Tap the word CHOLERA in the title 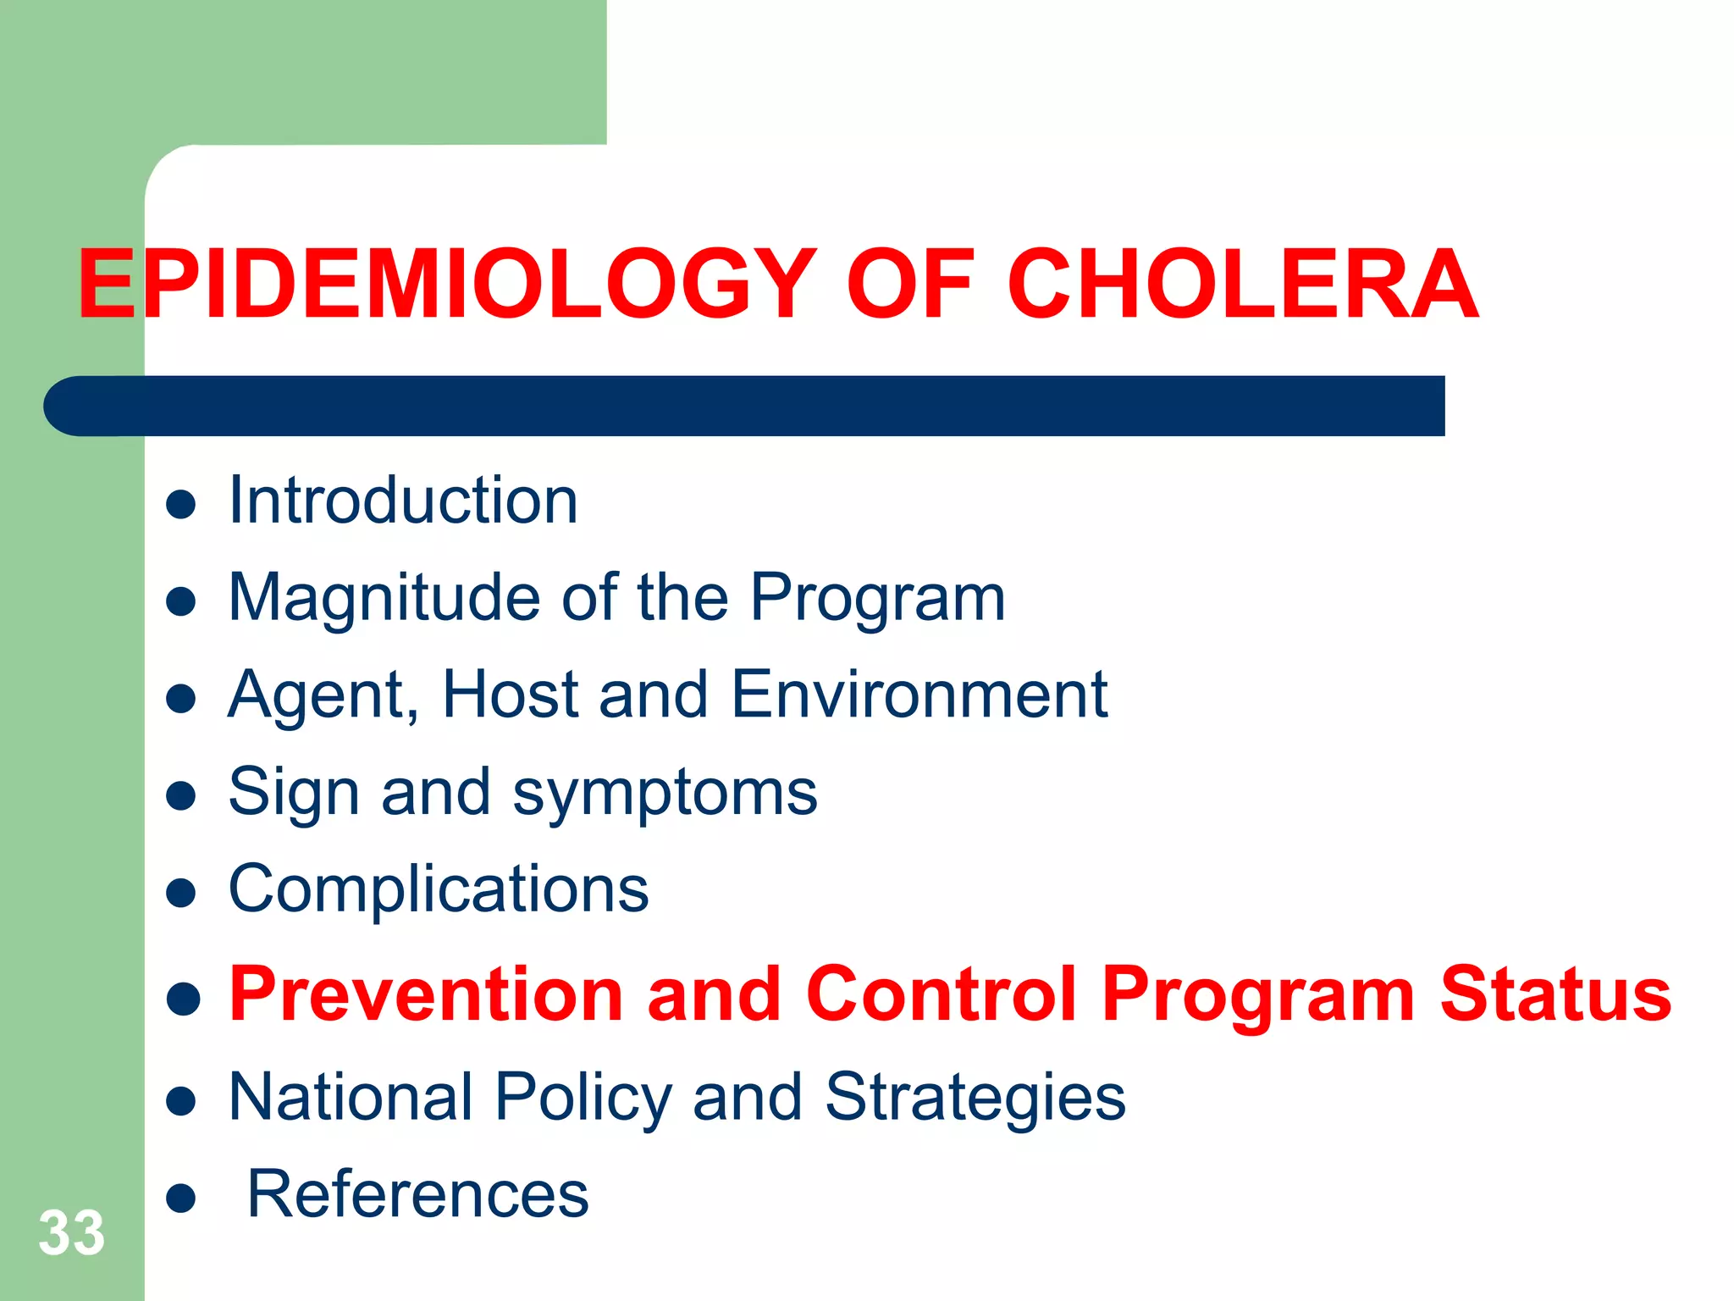[1242, 285]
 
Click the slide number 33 [71, 1232]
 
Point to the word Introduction [403, 501]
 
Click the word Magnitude [384, 598]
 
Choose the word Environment [919, 695]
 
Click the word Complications [439, 889]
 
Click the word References [417, 1194]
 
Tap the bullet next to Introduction [181, 505]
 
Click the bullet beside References [181, 1199]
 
